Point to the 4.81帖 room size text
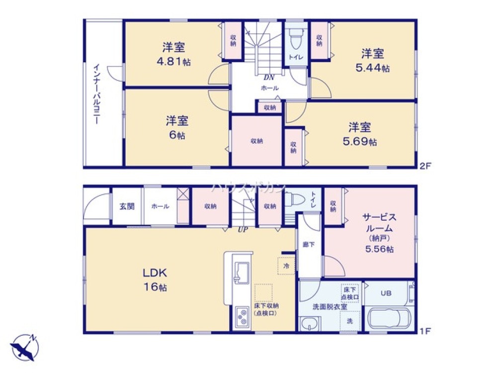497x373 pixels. (173, 62)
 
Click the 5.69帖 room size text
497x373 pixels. (359, 142)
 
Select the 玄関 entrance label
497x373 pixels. (127, 206)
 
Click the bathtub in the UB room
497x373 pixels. (387, 317)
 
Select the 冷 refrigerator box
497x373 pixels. (286, 266)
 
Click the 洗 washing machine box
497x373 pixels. (349, 321)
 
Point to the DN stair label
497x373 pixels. (269, 77)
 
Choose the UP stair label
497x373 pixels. (243, 229)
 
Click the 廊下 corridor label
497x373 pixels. (308, 245)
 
